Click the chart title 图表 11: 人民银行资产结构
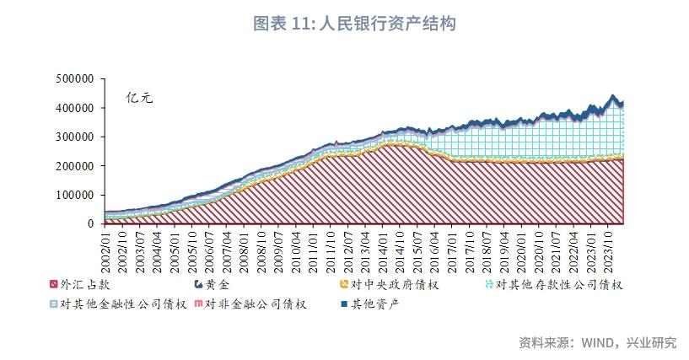click(354, 24)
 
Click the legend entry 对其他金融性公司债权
click(118, 304)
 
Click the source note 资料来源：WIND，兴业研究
click(597, 342)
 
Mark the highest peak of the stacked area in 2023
click(612, 95)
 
